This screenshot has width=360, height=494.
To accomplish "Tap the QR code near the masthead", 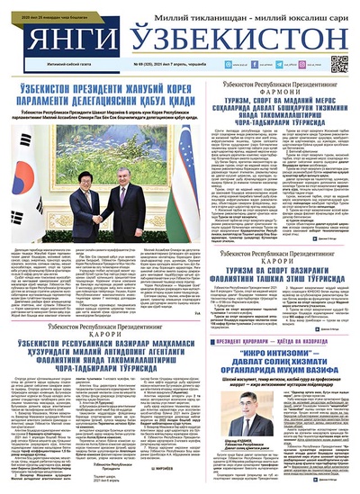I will [x=339, y=64].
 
